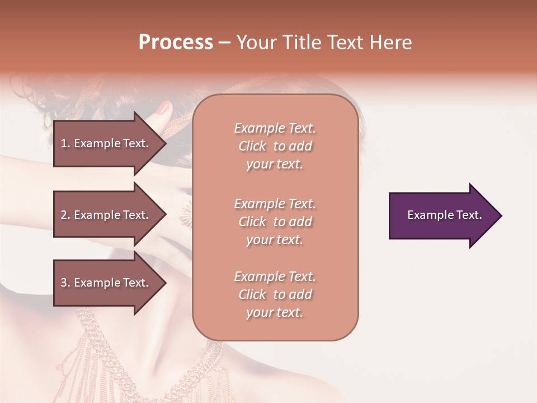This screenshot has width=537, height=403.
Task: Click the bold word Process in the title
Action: (176, 43)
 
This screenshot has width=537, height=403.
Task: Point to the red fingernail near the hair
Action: (164, 108)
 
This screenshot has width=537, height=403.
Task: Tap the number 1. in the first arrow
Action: (65, 143)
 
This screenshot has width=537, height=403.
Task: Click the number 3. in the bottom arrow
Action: (65, 283)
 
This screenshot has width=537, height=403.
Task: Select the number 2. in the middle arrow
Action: (65, 215)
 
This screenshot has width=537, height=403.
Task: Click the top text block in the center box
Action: (275, 146)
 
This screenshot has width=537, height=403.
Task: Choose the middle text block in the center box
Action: (275, 222)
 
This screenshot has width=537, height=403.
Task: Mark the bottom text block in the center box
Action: (275, 294)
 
